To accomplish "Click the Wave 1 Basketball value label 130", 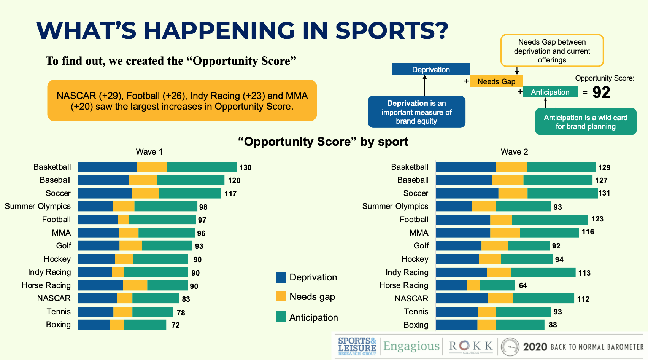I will [x=245, y=167].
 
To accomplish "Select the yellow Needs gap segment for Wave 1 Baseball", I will [x=143, y=180].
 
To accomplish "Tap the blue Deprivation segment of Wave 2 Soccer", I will [x=467, y=193].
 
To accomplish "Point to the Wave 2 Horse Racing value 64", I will [x=523, y=285].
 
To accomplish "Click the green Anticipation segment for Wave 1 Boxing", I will [x=145, y=325].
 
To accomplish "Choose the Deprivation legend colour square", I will [x=281, y=277].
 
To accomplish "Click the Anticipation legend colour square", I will [x=281, y=317].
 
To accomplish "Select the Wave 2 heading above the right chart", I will [x=514, y=152].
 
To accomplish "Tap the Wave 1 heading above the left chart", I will [x=149, y=152].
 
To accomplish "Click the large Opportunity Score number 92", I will [x=601, y=92].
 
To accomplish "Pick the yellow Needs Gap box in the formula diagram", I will [x=496, y=81].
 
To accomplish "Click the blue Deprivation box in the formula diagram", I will [x=431, y=69].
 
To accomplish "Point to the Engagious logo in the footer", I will [x=411, y=346].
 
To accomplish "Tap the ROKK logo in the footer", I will [x=471, y=346].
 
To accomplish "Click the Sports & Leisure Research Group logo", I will [x=357, y=346].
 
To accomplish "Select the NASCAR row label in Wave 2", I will [x=411, y=299].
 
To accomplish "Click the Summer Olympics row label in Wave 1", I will [x=38, y=206].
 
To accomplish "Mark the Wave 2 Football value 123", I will [x=597, y=219].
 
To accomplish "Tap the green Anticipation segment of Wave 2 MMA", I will [x=550, y=233].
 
